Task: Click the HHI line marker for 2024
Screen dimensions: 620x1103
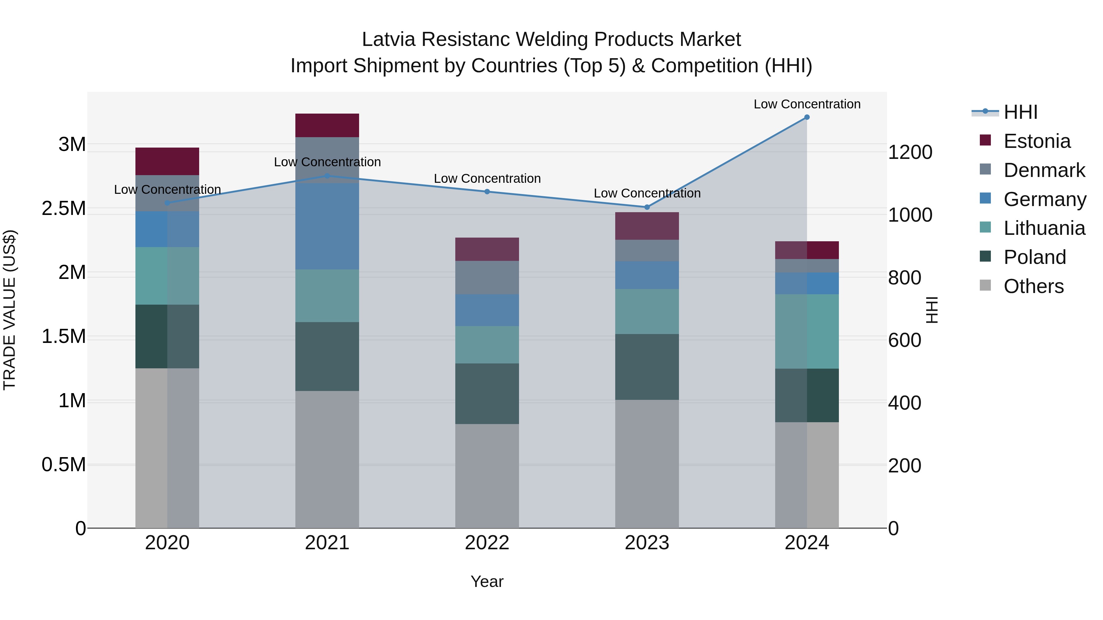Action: click(x=807, y=117)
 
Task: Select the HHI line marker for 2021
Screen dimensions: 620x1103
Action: click(x=327, y=176)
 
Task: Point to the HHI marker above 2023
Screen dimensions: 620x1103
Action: click(x=647, y=207)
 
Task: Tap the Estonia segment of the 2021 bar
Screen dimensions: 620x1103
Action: click(x=327, y=125)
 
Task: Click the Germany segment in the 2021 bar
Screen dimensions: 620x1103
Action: click(x=327, y=226)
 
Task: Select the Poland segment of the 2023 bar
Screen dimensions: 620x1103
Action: click(x=647, y=367)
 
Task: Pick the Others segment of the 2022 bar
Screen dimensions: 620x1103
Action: click(x=487, y=476)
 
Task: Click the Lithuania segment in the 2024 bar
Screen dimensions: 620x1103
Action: click(x=807, y=331)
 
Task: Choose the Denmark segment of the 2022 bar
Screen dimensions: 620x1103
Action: click(x=487, y=277)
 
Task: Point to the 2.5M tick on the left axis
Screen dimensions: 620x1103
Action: click(x=64, y=209)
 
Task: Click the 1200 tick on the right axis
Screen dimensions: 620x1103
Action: click(x=910, y=152)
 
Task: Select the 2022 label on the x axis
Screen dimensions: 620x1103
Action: click(x=487, y=543)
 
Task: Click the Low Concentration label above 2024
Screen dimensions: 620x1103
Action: click(x=807, y=104)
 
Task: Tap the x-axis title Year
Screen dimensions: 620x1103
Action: click(x=487, y=581)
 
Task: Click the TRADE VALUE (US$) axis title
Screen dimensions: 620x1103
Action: click(x=10, y=310)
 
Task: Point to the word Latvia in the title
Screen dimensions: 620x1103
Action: click(x=389, y=39)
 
